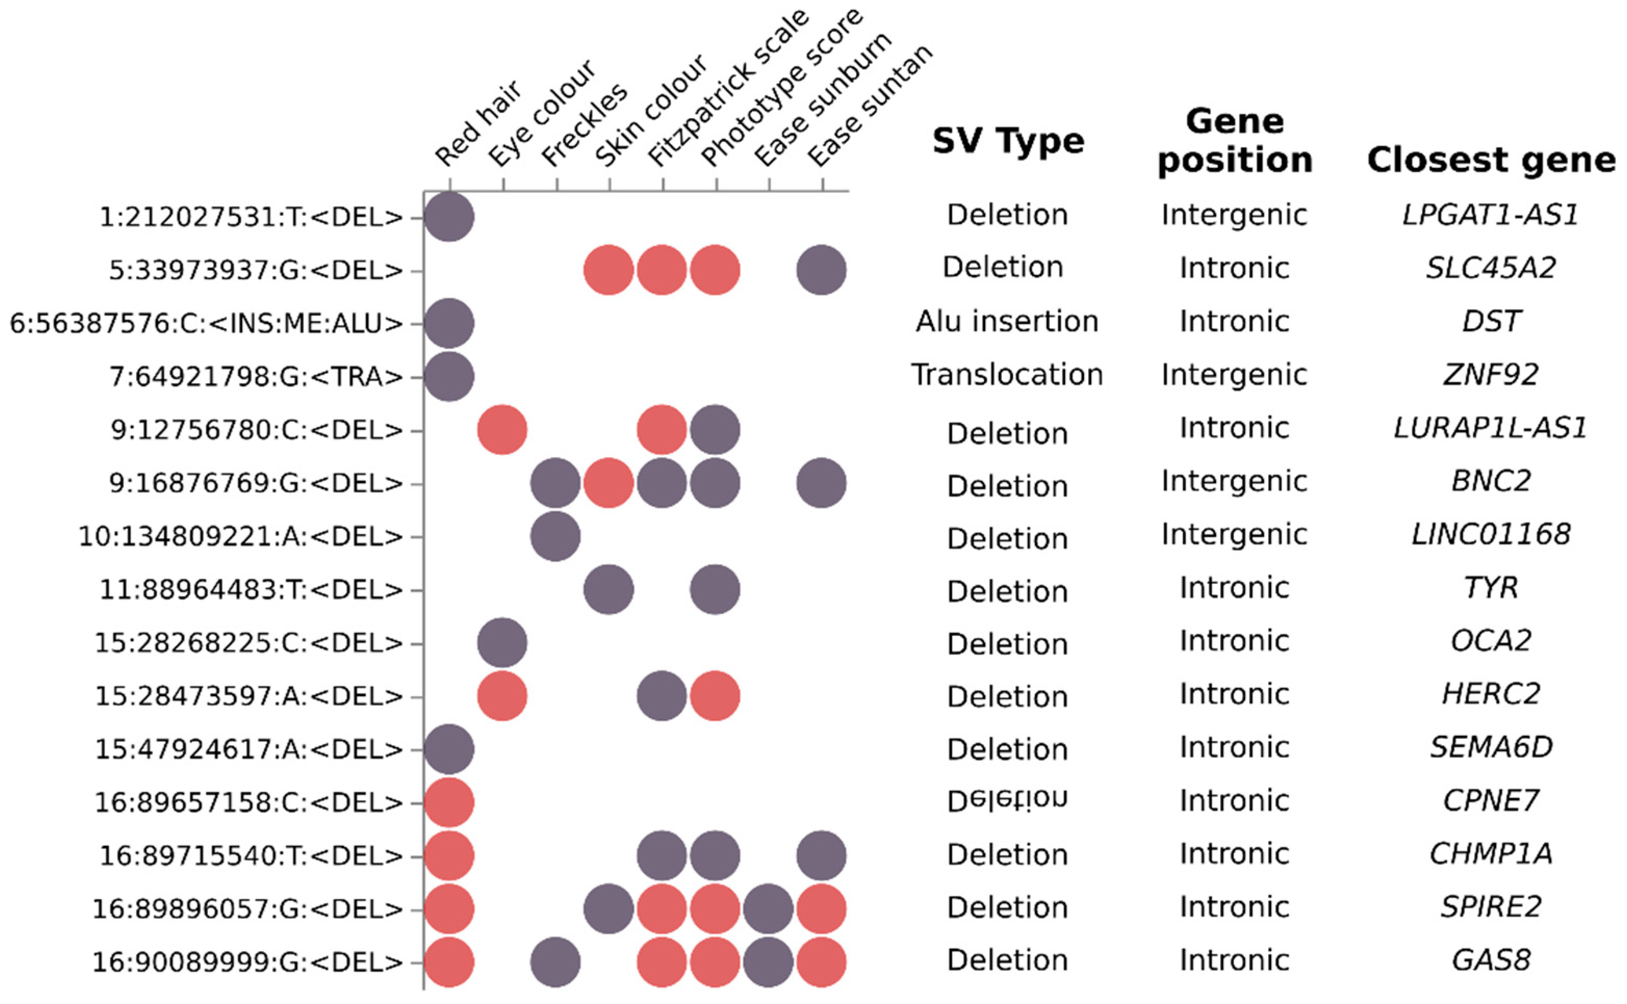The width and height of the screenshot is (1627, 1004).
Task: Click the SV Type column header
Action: coord(1008,141)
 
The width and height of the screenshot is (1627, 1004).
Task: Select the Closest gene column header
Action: coord(1491,160)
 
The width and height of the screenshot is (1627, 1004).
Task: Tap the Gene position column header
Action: coord(1234,141)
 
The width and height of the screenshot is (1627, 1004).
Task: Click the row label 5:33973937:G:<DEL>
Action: coord(256,271)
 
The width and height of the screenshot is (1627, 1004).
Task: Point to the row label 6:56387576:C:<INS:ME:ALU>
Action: coord(206,324)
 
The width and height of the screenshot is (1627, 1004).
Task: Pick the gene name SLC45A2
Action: coord(1491,268)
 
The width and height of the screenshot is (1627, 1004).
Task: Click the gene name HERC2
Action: coord(1491,694)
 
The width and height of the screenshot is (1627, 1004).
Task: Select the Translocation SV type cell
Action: coord(1007,375)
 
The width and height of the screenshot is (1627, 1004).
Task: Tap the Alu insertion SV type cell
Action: coord(1007,322)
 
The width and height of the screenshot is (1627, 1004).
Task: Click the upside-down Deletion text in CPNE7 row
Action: coord(1007,800)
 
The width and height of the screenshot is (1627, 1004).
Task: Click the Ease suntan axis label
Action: coord(870,106)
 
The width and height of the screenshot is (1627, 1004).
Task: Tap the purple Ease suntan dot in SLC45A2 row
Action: coord(821,270)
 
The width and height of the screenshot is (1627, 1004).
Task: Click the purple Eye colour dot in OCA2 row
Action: coord(502,643)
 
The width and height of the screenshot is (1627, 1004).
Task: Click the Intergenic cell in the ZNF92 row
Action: coord(1234,375)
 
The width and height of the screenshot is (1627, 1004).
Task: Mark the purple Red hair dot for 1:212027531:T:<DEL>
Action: coord(449,217)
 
